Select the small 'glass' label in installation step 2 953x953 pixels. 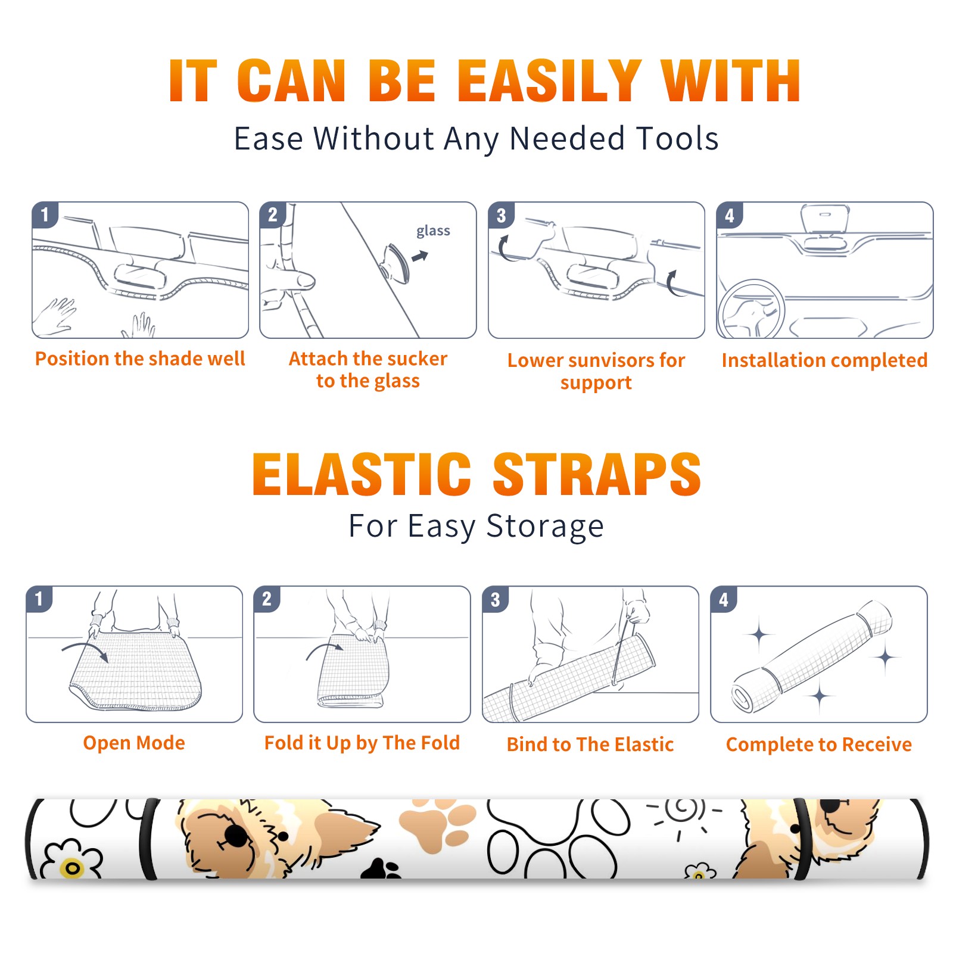pyautogui.click(x=433, y=231)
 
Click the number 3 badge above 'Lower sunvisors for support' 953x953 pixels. pyautogui.click(x=501, y=215)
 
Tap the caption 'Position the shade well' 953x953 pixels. pyautogui.click(x=140, y=359)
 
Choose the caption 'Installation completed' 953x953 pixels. pyautogui.click(x=824, y=360)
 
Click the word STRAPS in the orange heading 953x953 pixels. pyautogui.click(x=597, y=474)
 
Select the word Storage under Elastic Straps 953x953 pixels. pyautogui.click(x=545, y=527)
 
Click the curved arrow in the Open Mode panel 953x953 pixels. pyautogui.click(x=85, y=650)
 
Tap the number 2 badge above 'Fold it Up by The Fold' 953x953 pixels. pyautogui.click(x=266, y=599)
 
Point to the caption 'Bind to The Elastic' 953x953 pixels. pyautogui.click(x=590, y=745)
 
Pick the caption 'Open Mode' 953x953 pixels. pyautogui.click(x=134, y=743)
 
